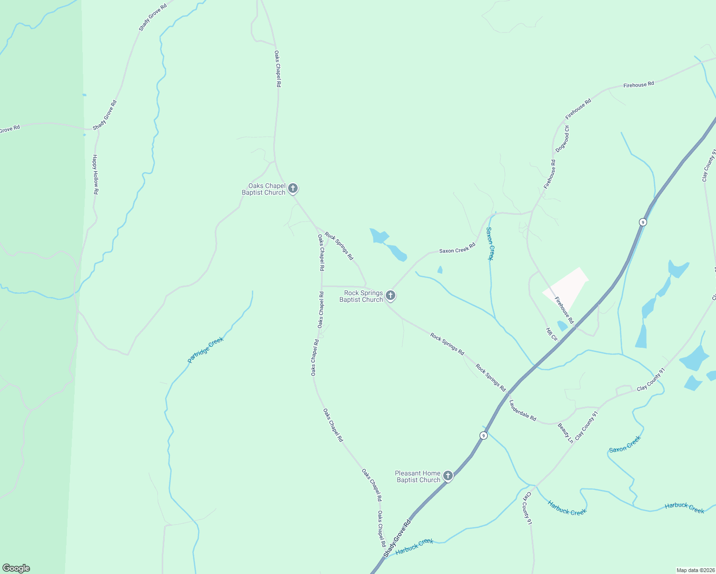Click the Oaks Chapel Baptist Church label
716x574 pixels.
[264, 189]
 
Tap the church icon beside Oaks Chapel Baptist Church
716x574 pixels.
[293, 188]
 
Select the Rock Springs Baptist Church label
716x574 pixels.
[361, 296]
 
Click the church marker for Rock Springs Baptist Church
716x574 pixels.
[391, 296]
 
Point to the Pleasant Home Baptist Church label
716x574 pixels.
[418, 476]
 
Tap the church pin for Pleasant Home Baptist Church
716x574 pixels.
[448, 476]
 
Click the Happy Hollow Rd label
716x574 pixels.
[96, 174]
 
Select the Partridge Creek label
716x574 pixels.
[206, 350]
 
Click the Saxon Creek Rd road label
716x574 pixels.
[457, 248]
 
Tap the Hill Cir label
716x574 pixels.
[552, 334]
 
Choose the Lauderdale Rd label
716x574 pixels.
[523, 410]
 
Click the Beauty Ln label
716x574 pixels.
[566, 433]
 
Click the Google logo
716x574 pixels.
[16, 568]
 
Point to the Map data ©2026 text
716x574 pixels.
[695, 570]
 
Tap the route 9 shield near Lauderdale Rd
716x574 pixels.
[484, 435]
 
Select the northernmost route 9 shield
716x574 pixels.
[643, 222]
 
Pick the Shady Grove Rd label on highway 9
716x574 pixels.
[397, 538]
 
